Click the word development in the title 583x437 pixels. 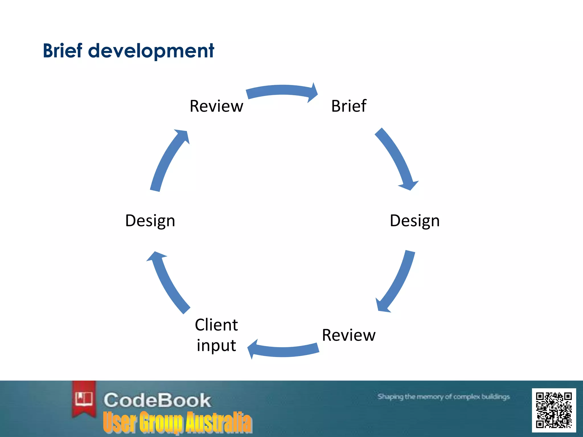point(151,51)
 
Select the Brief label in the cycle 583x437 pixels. point(349,106)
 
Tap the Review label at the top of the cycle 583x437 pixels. point(216,106)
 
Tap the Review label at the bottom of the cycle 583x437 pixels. point(349,335)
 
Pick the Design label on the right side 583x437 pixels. point(414,221)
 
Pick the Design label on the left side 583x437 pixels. point(150,221)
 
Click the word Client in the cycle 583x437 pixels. point(216,325)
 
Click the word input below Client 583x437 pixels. point(216,345)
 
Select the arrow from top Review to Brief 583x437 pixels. point(282,90)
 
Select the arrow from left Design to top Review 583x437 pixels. point(168,159)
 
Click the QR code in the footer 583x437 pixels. point(554,410)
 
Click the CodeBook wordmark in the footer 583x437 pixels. point(157,400)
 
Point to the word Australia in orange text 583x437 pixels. point(219,422)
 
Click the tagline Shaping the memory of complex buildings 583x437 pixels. point(443,397)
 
